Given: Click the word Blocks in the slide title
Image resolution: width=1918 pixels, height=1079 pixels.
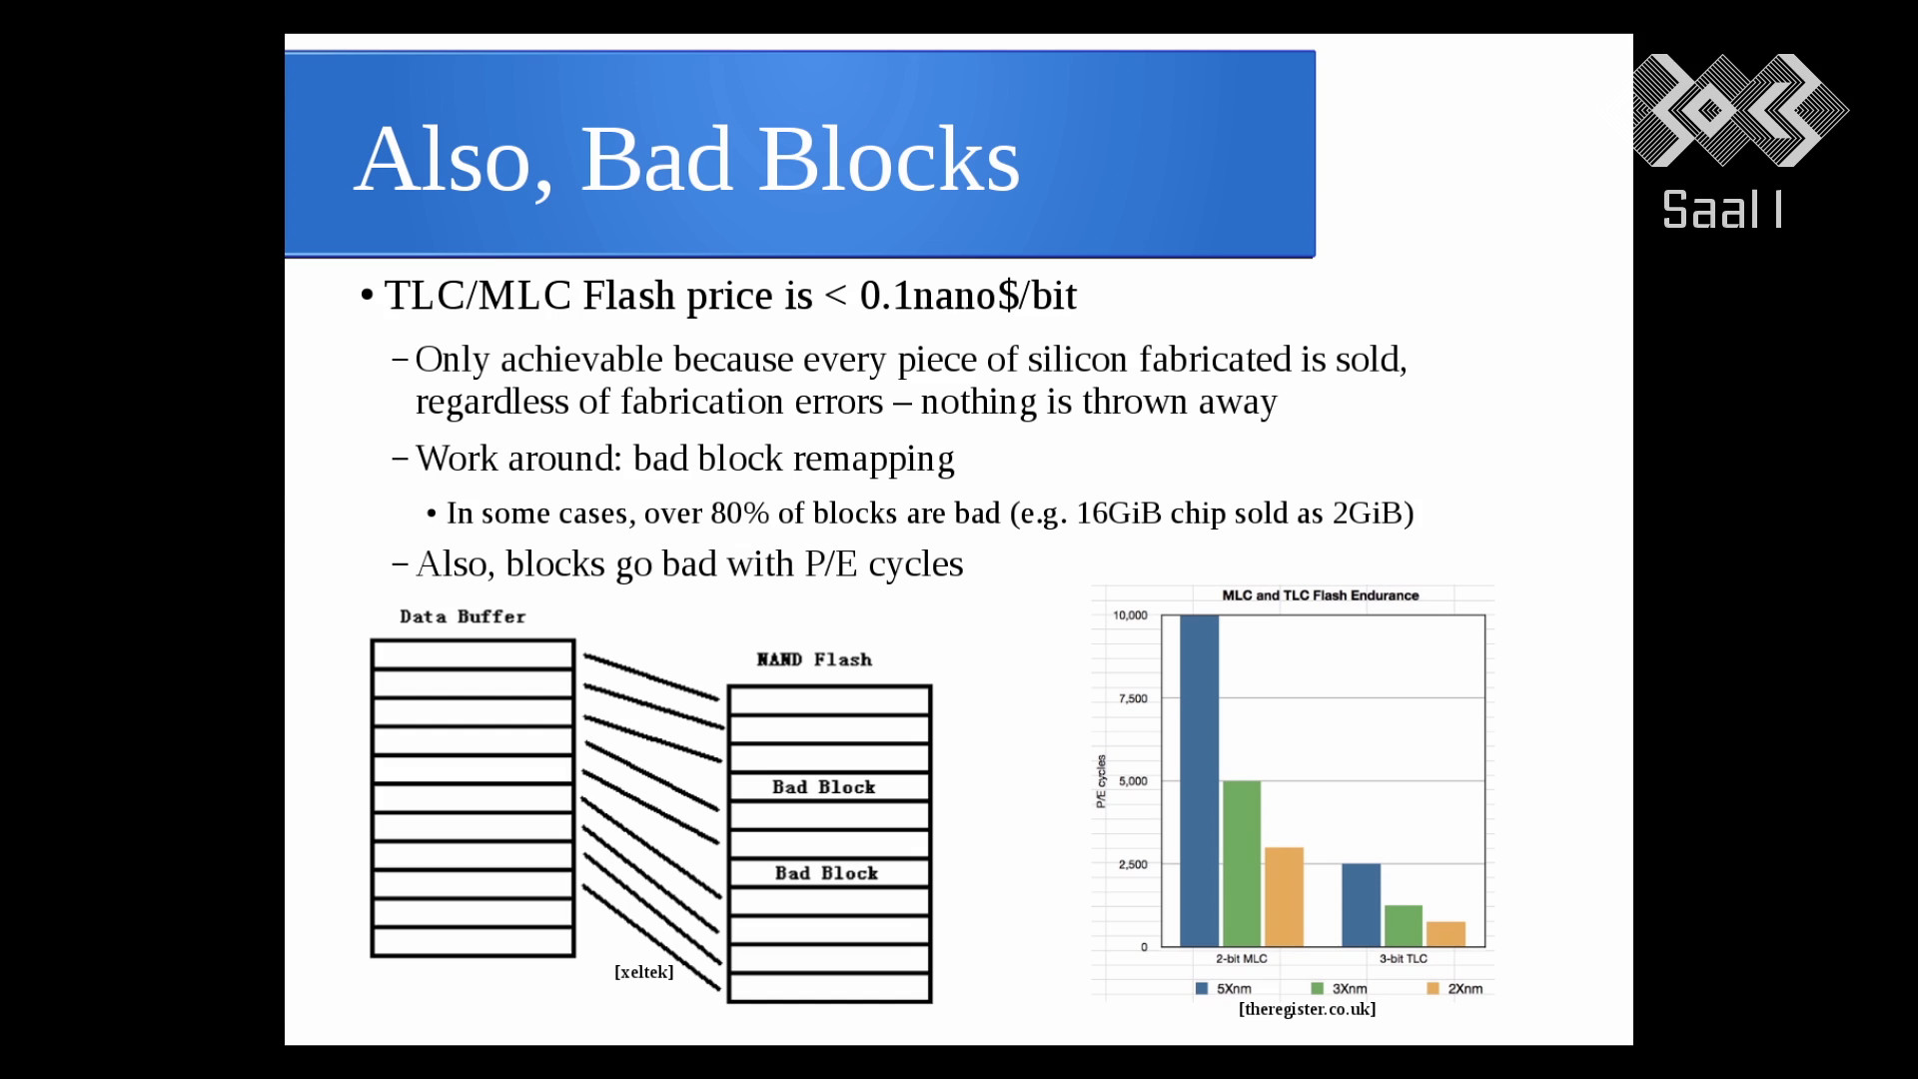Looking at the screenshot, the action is (x=889, y=160).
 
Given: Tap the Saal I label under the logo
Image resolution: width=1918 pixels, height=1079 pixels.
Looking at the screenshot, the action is (x=1722, y=210).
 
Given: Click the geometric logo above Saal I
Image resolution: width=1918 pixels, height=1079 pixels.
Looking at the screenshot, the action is (x=1740, y=110).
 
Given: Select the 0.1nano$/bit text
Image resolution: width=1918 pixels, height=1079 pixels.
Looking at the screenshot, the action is (x=968, y=296).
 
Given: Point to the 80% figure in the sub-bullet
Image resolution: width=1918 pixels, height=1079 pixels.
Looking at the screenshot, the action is (x=739, y=514).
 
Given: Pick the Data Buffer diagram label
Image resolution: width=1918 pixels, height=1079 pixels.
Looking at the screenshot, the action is (x=463, y=616).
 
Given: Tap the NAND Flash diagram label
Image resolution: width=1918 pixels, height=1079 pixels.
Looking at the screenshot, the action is (x=814, y=659).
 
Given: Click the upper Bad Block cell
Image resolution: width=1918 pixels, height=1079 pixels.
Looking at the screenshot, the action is (x=829, y=787).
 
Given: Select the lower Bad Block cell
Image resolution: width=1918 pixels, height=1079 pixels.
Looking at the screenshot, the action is (x=829, y=873).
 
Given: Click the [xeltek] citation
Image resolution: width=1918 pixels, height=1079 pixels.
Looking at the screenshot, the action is (x=643, y=972).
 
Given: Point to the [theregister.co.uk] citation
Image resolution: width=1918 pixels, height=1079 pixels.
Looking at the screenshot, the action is (x=1307, y=1009).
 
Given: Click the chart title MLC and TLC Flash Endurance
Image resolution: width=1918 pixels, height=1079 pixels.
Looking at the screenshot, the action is (x=1321, y=595).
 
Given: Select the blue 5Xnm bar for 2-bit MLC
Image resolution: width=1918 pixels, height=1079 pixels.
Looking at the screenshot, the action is (x=1199, y=780).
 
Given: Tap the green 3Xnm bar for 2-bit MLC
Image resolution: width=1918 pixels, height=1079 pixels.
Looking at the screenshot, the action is (x=1242, y=863).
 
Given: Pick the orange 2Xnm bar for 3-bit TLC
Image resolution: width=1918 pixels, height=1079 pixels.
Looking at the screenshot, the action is (x=1445, y=934).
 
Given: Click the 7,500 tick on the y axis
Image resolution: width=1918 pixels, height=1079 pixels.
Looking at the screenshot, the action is (x=1133, y=698).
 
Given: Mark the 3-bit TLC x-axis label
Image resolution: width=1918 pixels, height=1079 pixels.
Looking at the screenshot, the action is (x=1404, y=959).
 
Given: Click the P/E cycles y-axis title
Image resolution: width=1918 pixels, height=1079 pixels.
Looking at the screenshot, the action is (x=1101, y=781).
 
